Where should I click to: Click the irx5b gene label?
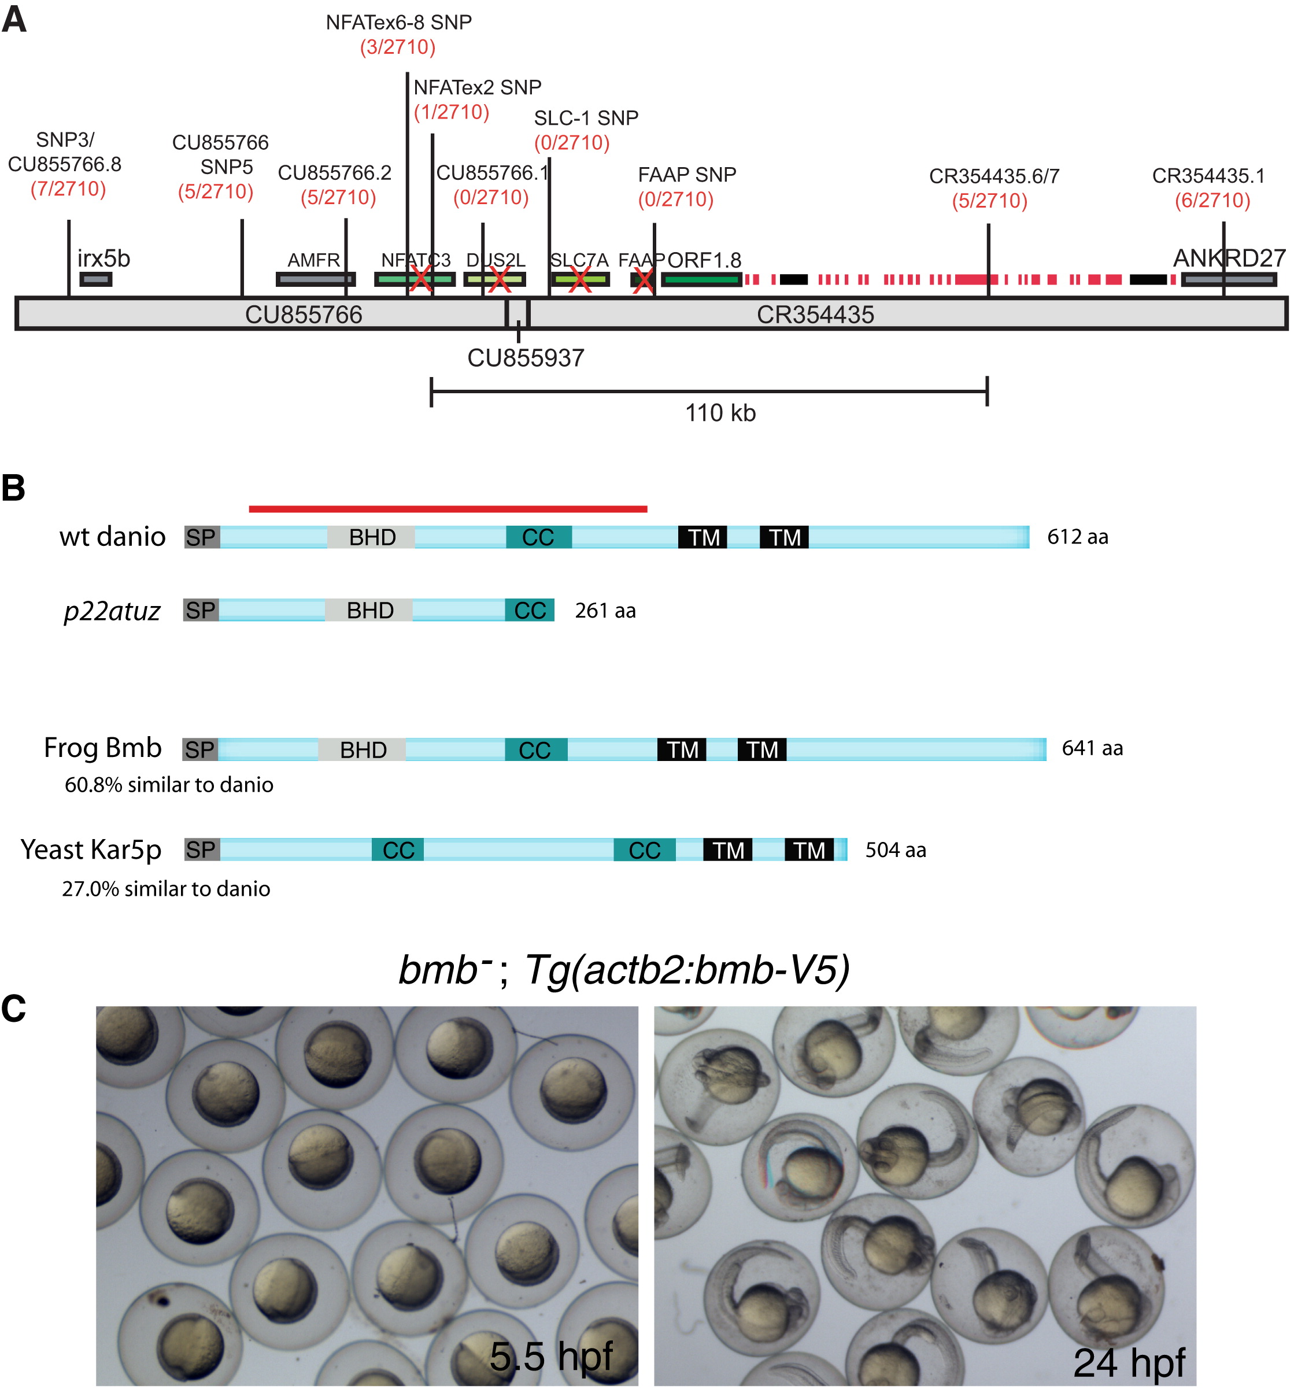click(103, 258)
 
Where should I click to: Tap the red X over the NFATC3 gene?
click(420, 279)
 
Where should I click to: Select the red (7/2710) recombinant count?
click(68, 189)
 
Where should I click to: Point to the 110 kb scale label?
click(720, 413)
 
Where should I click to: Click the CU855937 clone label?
click(525, 358)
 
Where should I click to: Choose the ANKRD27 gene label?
click(1228, 258)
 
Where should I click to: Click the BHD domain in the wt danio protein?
click(372, 537)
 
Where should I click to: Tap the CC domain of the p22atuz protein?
click(530, 611)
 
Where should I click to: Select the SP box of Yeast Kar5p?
click(201, 849)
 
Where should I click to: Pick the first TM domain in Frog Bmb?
click(682, 749)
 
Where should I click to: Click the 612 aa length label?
click(1077, 537)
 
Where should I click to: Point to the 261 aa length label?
click(605, 611)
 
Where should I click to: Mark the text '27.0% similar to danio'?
click(167, 889)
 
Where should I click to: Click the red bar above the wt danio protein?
click(448, 509)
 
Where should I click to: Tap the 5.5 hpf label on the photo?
click(550, 1356)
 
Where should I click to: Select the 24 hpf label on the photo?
click(1129, 1362)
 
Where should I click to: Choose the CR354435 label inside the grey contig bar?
click(815, 315)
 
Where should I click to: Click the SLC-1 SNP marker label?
click(586, 118)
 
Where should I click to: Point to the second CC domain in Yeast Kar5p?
click(644, 849)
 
